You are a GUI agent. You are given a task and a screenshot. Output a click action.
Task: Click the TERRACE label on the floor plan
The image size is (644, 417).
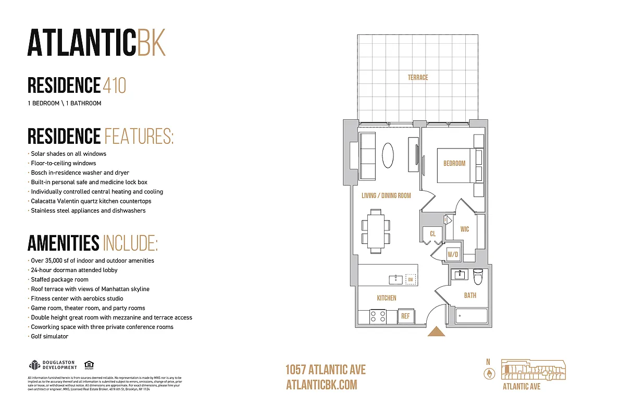point(418,78)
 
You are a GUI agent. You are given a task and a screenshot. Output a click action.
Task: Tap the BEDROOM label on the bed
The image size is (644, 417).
point(454,164)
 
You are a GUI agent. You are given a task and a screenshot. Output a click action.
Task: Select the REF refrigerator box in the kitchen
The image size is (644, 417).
point(405,316)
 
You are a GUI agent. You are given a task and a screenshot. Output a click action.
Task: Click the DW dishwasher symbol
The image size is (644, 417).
point(411,279)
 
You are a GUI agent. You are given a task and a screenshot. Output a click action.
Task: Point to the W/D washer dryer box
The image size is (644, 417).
point(453,255)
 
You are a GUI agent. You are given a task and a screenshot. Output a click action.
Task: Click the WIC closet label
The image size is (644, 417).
point(465,229)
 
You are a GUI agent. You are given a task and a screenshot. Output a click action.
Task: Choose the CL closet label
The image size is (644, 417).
point(432,234)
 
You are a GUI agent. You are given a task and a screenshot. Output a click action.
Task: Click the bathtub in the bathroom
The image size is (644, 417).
point(472,316)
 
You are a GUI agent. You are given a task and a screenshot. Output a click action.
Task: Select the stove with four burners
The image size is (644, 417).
point(377,316)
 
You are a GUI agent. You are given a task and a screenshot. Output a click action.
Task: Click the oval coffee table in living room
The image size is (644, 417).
point(388,155)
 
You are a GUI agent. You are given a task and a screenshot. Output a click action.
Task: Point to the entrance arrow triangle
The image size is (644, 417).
point(436,332)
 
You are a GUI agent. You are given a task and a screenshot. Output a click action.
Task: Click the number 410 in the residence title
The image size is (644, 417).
point(115,85)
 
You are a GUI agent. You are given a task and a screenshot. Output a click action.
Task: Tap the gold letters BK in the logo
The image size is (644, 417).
point(151,42)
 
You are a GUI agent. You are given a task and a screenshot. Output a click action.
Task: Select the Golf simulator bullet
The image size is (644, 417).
point(49,337)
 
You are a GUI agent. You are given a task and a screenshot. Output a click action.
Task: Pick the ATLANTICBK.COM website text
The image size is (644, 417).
point(321,385)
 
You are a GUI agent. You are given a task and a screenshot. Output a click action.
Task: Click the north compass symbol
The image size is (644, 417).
point(489,373)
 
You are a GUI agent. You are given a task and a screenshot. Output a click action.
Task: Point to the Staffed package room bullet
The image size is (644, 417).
point(59,280)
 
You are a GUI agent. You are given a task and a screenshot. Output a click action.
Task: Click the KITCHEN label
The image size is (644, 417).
point(387,298)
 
